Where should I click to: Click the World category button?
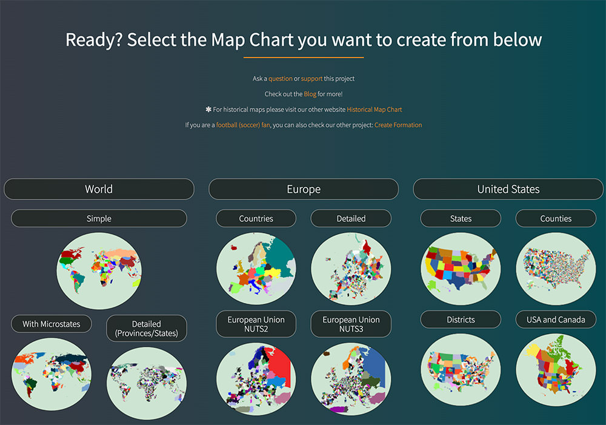click(99, 189)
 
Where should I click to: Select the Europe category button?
click(304, 189)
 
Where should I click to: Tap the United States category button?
click(508, 189)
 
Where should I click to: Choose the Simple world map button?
click(99, 218)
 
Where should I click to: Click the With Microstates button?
click(52, 324)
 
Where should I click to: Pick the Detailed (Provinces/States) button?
click(147, 329)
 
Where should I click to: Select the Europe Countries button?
click(256, 218)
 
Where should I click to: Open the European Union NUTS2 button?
click(256, 324)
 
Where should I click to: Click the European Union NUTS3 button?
click(351, 324)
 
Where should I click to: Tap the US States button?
click(461, 218)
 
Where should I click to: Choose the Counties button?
click(556, 218)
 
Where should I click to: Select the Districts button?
click(461, 320)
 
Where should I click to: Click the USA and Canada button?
click(556, 320)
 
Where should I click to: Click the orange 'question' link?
click(281, 78)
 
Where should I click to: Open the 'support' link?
click(311, 78)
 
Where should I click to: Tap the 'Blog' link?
click(310, 94)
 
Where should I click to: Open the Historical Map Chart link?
click(374, 110)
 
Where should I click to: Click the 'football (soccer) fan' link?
click(243, 125)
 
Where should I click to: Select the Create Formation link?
click(398, 125)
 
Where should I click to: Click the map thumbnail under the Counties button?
click(556, 269)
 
